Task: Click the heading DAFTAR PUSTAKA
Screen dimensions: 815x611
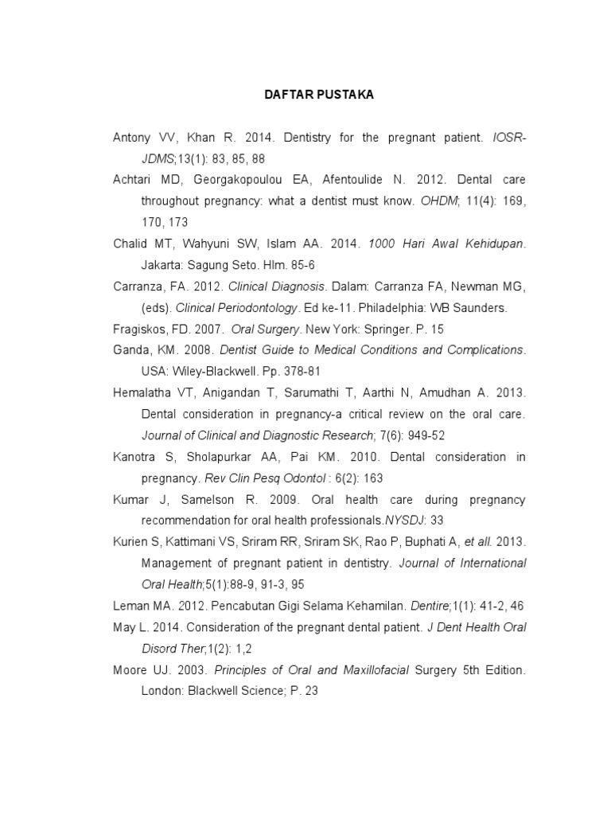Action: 319,95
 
